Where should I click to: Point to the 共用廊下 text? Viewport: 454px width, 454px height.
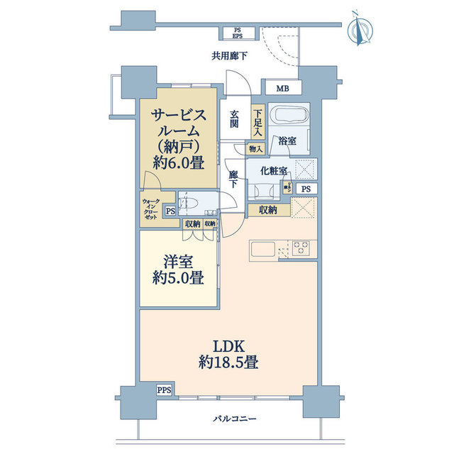click(x=228, y=56)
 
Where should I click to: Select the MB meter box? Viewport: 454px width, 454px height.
click(x=282, y=89)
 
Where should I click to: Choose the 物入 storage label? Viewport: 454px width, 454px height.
click(x=255, y=150)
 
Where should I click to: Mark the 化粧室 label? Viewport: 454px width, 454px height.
click(x=273, y=170)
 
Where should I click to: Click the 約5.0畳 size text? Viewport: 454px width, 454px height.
click(x=178, y=277)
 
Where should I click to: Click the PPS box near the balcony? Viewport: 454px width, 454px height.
click(x=164, y=389)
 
